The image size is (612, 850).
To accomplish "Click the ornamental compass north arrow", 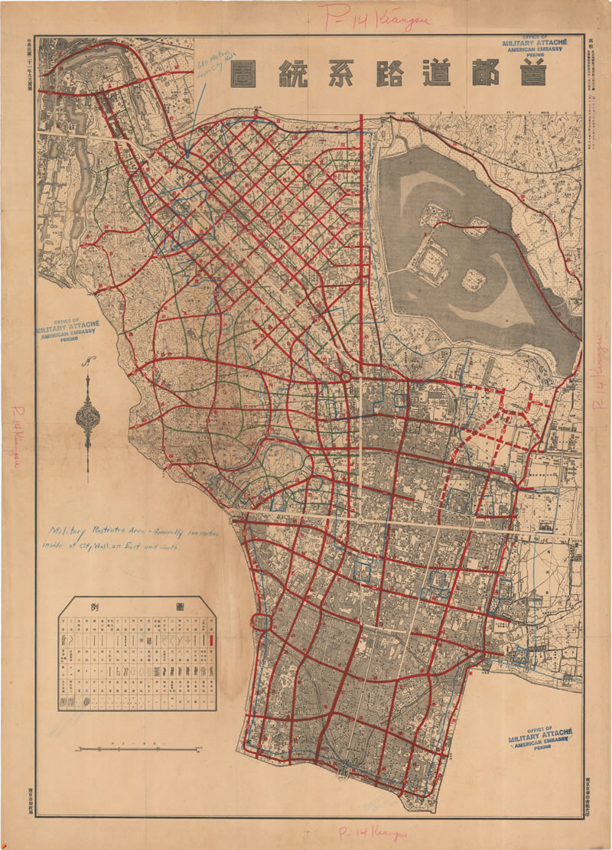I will [88, 417].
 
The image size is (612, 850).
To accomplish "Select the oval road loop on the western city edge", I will [259, 622].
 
